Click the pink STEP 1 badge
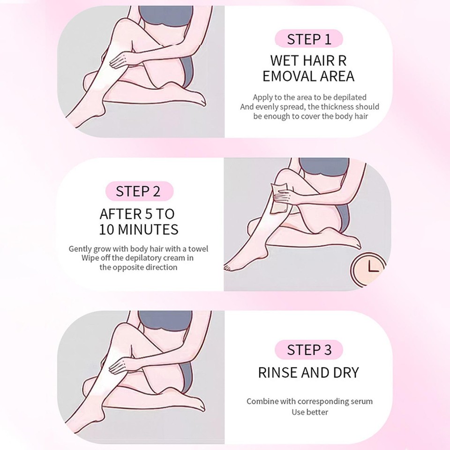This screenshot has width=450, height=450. [309, 39]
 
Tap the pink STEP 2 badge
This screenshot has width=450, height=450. [138, 191]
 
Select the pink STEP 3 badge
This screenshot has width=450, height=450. [309, 350]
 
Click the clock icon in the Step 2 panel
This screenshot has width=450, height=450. [367, 268]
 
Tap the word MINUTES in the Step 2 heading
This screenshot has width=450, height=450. [151, 230]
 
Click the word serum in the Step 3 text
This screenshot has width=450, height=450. [362, 402]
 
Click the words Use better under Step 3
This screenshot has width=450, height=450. [310, 412]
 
